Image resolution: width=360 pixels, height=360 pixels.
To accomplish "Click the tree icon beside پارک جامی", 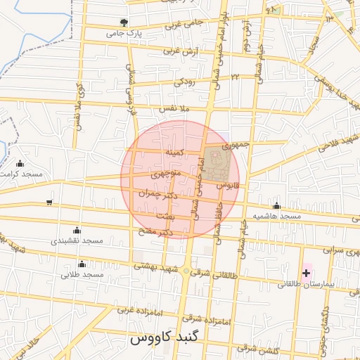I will tap(124, 22).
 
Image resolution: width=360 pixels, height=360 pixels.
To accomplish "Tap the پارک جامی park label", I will tap(124, 33).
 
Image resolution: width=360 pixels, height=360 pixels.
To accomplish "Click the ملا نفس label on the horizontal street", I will tap(175, 110).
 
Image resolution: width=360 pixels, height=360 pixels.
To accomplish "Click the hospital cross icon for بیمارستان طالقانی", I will tap(306, 272).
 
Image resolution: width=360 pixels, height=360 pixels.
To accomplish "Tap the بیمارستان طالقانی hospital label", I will tap(309, 284).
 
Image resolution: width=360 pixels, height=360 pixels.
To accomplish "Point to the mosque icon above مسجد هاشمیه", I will tap(276, 206).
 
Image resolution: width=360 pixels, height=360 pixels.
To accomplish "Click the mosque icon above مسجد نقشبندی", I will tap(77, 231).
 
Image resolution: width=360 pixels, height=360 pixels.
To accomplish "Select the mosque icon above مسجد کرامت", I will tap(20, 164).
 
